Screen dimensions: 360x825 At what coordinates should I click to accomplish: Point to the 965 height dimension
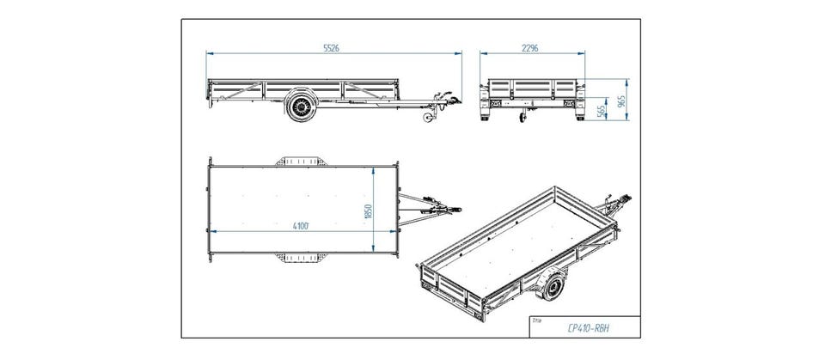(623, 101)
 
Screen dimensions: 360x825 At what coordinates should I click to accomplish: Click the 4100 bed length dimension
(299, 225)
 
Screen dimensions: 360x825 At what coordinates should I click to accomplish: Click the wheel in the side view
(300, 107)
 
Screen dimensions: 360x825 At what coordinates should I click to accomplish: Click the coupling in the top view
(440, 209)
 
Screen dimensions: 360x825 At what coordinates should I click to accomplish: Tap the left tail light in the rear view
(496, 102)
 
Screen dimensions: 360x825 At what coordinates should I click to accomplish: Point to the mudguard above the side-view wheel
(300, 93)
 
